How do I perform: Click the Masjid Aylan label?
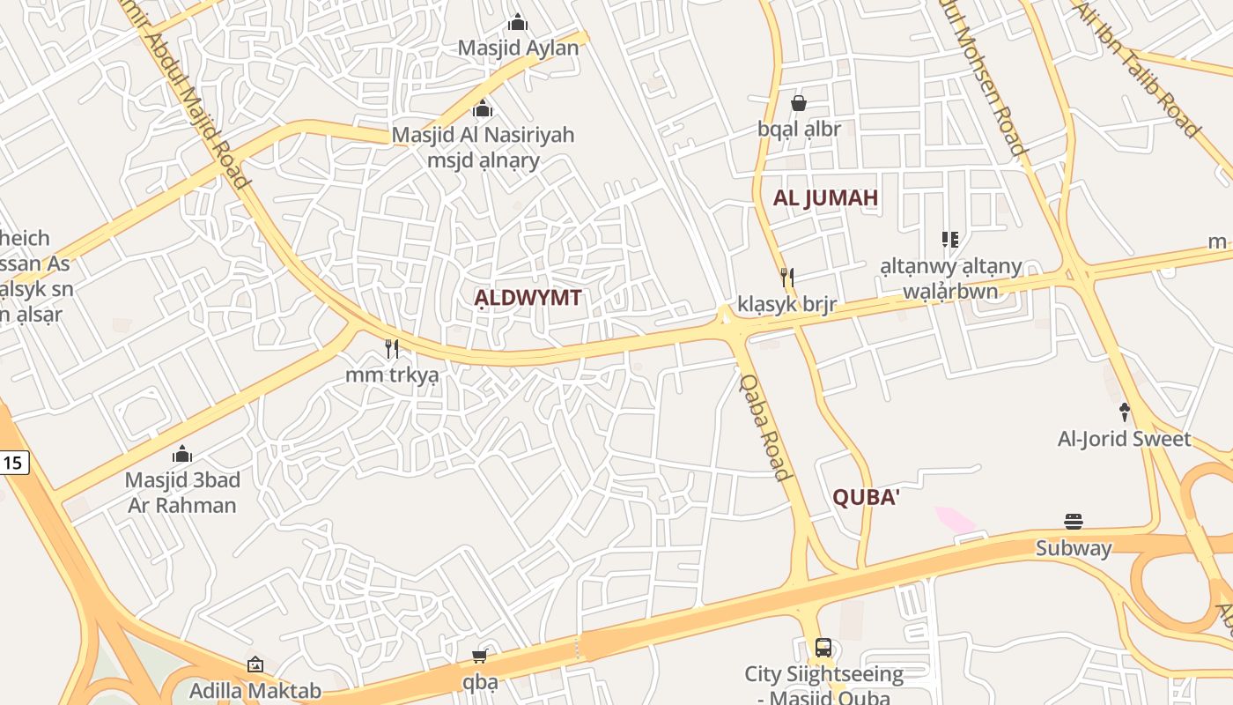[518, 48]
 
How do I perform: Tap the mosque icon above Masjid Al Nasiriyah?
[483, 109]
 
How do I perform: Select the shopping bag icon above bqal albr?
[799, 103]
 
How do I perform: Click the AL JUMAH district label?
[825, 197]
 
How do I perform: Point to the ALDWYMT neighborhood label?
[528, 298]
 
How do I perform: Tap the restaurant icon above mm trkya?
[392, 349]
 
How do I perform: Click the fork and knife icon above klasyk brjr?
[787, 278]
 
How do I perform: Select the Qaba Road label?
[764, 427]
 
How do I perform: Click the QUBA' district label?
[866, 498]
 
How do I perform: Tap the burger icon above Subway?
[1073, 522]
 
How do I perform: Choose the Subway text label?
[1073, 548]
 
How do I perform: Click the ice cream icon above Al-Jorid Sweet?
[1124, 412]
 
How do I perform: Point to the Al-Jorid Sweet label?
[1124, 439]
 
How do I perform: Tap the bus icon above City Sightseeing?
[823, 648]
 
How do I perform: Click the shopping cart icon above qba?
[480, 656]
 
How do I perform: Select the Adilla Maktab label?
[255, 691]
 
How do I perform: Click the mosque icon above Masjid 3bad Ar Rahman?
[182, 455]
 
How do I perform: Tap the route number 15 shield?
[14, 462]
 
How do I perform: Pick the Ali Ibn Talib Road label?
[1136, 69]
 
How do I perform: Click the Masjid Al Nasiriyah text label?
[483, 135]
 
